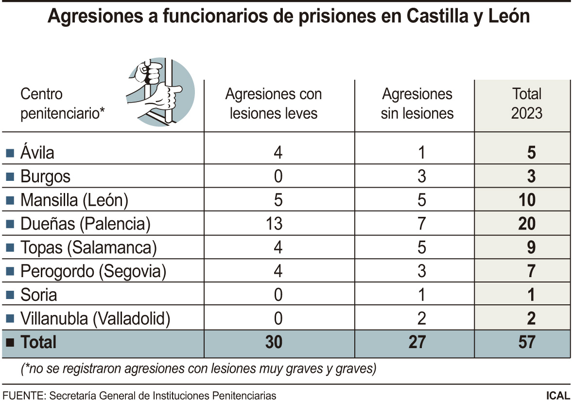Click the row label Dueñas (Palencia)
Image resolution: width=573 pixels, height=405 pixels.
coord(86,224)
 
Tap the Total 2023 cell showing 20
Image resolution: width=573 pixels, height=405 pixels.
coord(527,224)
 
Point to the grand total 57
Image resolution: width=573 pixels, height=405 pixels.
coord(527,342)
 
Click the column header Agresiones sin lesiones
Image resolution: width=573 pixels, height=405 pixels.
coord(417,104)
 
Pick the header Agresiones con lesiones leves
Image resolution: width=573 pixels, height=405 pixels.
coord(273,104)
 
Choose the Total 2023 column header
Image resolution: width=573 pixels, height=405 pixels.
coord(527,104)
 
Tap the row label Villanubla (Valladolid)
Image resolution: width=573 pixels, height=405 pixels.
coord(95,319)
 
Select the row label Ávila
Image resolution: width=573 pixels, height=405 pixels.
coord(37,153)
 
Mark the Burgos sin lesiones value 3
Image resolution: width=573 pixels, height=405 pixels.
coord(421,176)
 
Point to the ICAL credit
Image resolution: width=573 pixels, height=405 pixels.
coord(557,395)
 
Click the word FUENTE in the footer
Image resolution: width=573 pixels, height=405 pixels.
coord(22,395)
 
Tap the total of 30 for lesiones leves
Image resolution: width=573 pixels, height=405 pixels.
coord(274,342)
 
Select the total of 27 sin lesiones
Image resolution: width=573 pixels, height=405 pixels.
coord(417,342)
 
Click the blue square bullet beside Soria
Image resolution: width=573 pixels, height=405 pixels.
coord(9,295)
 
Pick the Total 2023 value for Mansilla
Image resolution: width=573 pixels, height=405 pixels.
coord(527,200)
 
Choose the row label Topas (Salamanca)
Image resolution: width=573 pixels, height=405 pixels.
coord(88,247)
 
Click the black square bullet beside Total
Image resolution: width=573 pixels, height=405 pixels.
coord(9,343)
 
